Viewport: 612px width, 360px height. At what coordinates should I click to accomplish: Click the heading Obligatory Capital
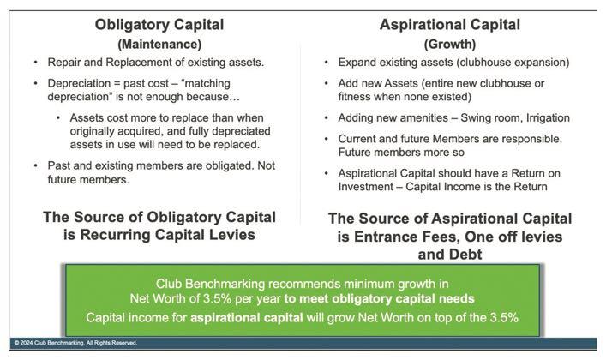point(159,25)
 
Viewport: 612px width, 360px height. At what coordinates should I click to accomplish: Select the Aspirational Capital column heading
point(450,25)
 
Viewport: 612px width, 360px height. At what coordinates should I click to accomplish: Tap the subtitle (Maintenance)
point(159,44)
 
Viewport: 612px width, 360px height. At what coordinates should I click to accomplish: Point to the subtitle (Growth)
point(450,44)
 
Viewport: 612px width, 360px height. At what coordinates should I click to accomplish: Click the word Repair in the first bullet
point(62,63)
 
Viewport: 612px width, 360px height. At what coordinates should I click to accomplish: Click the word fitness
point(354,97)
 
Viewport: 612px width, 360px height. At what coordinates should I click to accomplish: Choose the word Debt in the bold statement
point(466,255)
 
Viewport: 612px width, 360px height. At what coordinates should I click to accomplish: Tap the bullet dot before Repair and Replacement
point(36,63)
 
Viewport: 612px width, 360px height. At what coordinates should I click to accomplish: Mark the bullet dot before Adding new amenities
point(327,118)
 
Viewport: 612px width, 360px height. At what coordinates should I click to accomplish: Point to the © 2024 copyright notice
point(75,343)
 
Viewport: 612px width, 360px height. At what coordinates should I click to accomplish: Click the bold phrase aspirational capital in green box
point(246,317)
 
